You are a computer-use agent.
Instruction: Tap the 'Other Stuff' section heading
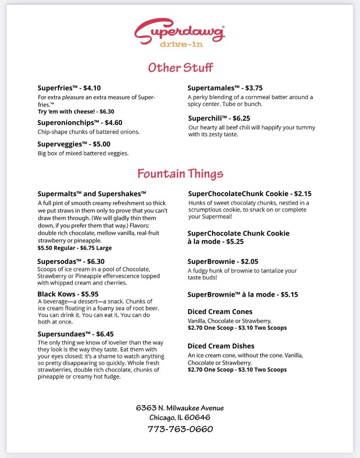coord(180,68)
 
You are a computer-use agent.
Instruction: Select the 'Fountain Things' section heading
coord(180,174)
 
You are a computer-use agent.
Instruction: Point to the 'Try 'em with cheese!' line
coord(76,111)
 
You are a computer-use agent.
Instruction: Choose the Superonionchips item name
coord(66,123)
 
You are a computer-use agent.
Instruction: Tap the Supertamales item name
coord(213,87)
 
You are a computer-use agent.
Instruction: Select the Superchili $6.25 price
coord(241,118)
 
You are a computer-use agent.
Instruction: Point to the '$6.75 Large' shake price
coord(96,248)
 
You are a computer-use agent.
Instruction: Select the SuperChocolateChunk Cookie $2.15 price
coord(303,194)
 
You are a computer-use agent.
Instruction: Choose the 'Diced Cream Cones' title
coord(220,312)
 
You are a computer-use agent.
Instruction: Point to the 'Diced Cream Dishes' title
coord(221,346)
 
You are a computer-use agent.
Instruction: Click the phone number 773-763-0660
coord(180,429)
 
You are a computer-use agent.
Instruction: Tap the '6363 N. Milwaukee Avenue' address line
coord(180,408)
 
